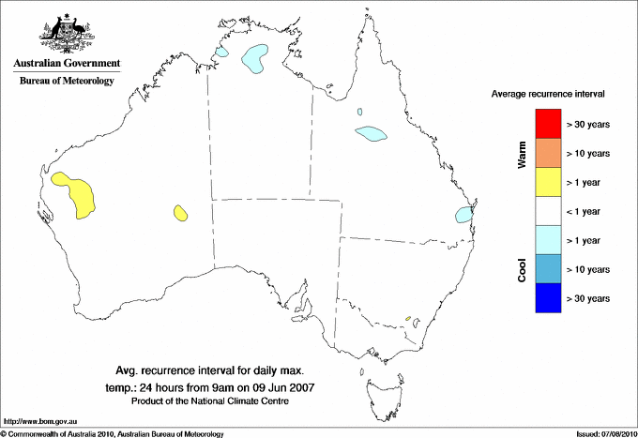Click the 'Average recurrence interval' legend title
click(548, 95)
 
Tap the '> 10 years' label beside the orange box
click(588, 153)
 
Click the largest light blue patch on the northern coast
click(253, 59)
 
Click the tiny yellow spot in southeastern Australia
click(410, 322)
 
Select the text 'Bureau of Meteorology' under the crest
click(67, 81)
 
